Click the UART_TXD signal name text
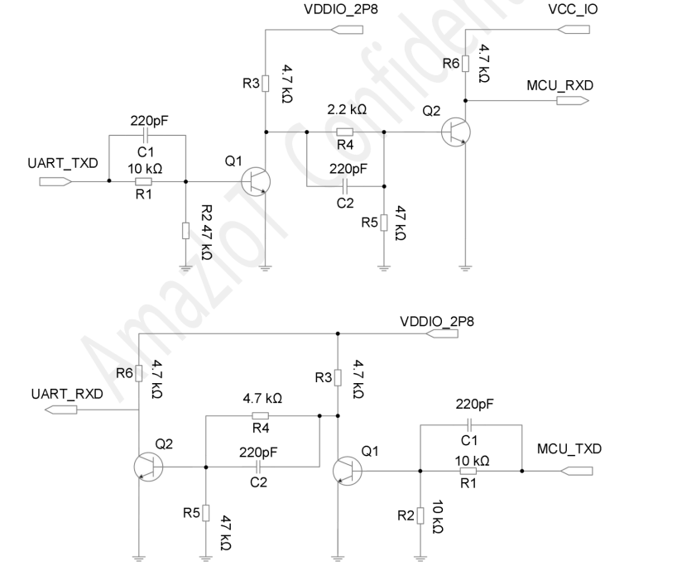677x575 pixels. [x=63, y=163]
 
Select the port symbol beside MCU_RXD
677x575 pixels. [x=573, y=101]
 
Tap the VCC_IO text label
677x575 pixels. [x=573, y=9]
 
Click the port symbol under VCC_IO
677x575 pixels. [x=574, y=29]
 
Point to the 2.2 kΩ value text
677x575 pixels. [x=347, y=110]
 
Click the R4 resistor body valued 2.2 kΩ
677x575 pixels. [x=344, y=132]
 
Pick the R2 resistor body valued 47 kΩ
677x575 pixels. [x=185, y=231]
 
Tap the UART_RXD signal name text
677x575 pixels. [x=67, y=394]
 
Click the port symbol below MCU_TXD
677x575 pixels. [x=576, y=471]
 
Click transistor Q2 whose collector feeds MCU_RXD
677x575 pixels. [x=456, y=132]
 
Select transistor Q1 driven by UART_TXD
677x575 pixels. [x=256, y=181]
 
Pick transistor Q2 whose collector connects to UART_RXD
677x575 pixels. [x=148, y=467]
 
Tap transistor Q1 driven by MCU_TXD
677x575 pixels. [x=348, y=471]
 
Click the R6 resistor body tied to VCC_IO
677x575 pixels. [x=465, y=64]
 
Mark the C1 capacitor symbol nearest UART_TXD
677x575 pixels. [x=146, y=135]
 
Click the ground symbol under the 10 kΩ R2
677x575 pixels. [x=420, y=558]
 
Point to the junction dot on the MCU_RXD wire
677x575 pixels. [x=465, y=101]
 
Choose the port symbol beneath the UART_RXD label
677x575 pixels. [x=61, y=410]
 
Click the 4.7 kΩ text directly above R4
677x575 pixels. [x=262, y=398]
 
